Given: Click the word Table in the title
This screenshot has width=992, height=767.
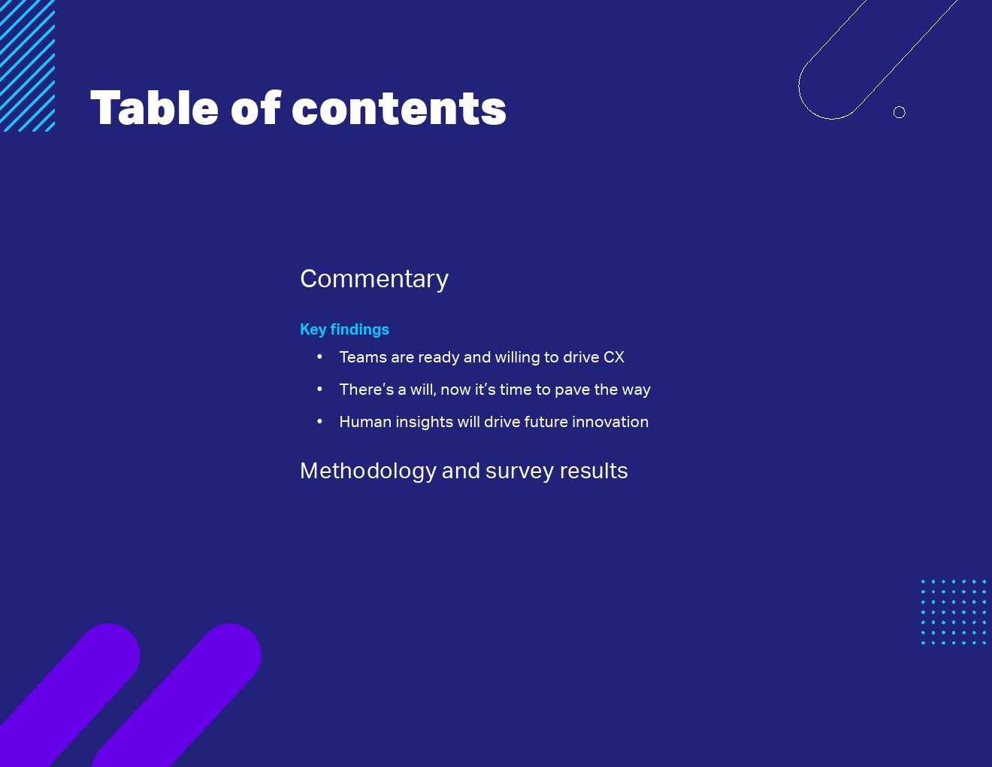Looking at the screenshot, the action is (x=154, y=108).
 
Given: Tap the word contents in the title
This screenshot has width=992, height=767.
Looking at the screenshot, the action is (x=399, y=109).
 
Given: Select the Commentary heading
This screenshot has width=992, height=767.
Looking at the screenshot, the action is (x=374, y=279).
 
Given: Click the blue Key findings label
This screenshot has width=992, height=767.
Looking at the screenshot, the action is (x=345, y=329).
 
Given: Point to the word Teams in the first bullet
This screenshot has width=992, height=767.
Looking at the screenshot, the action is (x=364, y=357).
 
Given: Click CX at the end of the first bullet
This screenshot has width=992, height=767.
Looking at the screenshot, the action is (x=614, y=357).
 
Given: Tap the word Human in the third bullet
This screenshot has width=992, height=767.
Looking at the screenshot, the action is (x=365, y=422).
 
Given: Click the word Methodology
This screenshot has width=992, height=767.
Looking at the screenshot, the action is (x=368, y=471).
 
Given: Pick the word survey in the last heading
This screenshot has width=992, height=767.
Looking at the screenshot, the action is (x=519, y=471).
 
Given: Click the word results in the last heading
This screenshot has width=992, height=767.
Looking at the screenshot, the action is (x=594, y=471).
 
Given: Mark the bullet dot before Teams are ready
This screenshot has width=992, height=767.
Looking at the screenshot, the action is (x=319, y=356).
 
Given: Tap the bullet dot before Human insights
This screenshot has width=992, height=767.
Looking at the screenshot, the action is (x=319, y=421).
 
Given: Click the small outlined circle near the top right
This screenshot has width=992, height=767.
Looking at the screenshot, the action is (x=900, y=112).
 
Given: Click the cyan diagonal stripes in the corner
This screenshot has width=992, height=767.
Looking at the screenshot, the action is (x=27, y=65).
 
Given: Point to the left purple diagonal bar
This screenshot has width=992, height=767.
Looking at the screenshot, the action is (x=68, y=694).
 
